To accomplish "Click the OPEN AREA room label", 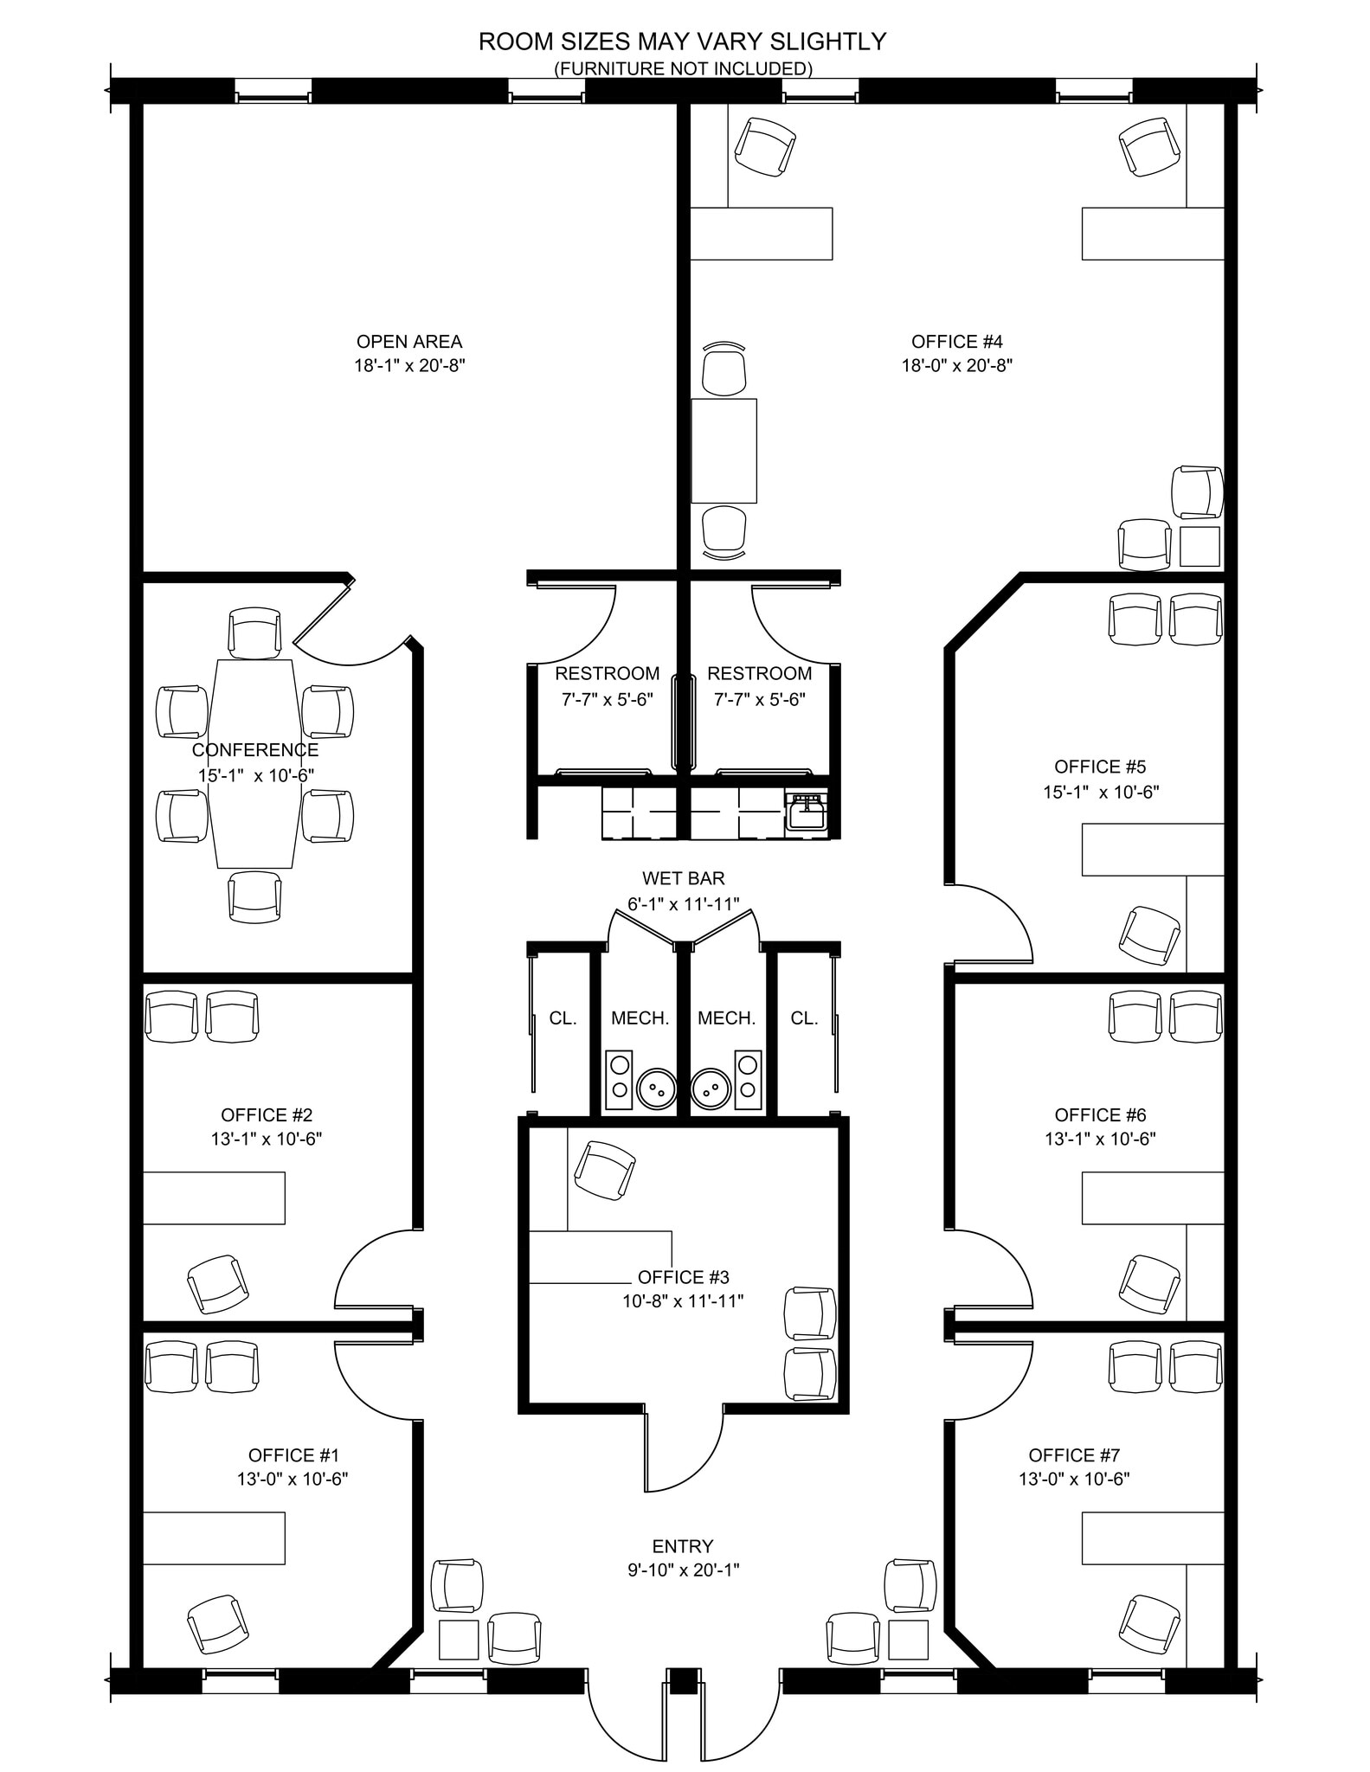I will [x=409, y=342].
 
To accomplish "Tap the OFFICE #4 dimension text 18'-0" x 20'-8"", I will [x=956, y=365].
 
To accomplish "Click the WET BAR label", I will [x=683, y=879].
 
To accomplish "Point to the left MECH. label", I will [x=640, y=1018].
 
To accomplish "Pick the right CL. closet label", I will [x=804, y=1018].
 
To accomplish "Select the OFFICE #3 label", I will [x=683, y=1277].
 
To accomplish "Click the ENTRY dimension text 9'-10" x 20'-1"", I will [x=683, y=1570].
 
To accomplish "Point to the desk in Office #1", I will [x=214, y=1538].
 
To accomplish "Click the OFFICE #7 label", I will [x=1074, y=1455].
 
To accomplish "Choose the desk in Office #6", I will [x=1153, y=1198].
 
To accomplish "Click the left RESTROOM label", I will [x=607, y=673].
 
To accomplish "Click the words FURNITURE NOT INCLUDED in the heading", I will [x=683, y=67].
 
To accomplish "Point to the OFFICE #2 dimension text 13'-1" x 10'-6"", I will [x=267, y=1139].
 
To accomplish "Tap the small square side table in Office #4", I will [x=1200, y=546].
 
